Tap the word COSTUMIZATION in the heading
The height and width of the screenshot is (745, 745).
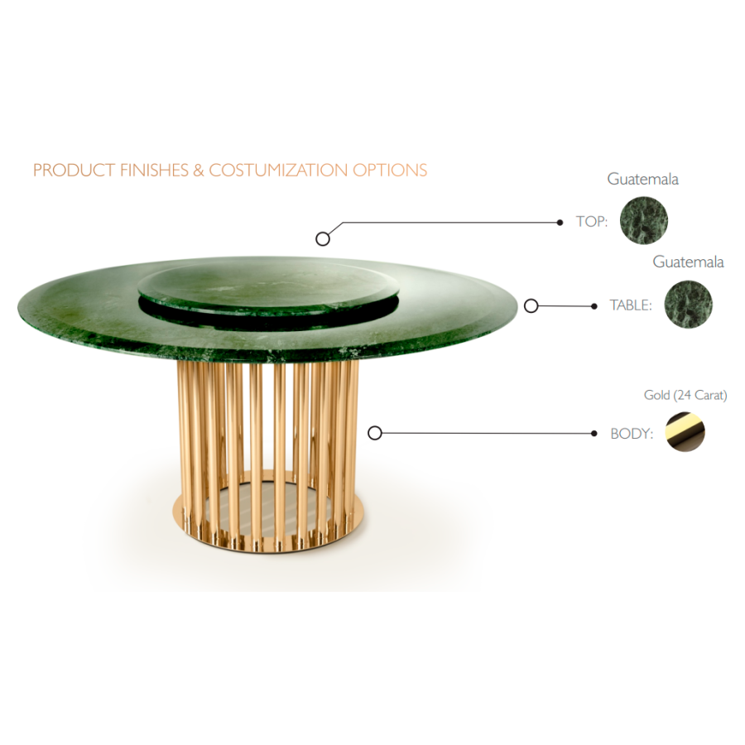pos(278,170)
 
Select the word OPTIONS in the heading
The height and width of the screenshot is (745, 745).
pos(390,170)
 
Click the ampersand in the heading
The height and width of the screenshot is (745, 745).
pos(199,170)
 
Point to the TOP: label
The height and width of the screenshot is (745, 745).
pos(592,221)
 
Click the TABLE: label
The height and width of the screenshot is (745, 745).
pos(631,305)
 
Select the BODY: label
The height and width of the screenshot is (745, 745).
pos(632,433)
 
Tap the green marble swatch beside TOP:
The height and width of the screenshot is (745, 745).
pos(644,220)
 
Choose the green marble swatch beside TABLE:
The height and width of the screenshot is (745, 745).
pos(688,304)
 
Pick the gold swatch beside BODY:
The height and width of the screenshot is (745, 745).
pos(685,432)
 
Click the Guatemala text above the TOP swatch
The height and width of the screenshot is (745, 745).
pos(642,179)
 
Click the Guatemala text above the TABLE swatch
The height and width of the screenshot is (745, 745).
pos(688,262)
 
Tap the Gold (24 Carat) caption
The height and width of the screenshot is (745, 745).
pos(685,395)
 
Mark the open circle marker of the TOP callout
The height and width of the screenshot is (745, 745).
pos(323,238)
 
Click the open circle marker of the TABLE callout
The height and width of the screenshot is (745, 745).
pos(531,306)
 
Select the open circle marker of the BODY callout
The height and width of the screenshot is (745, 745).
pos(375,433)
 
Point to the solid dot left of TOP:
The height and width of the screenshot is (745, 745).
pos(560,223)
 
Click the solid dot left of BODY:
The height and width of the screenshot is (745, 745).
pos(594,433)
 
